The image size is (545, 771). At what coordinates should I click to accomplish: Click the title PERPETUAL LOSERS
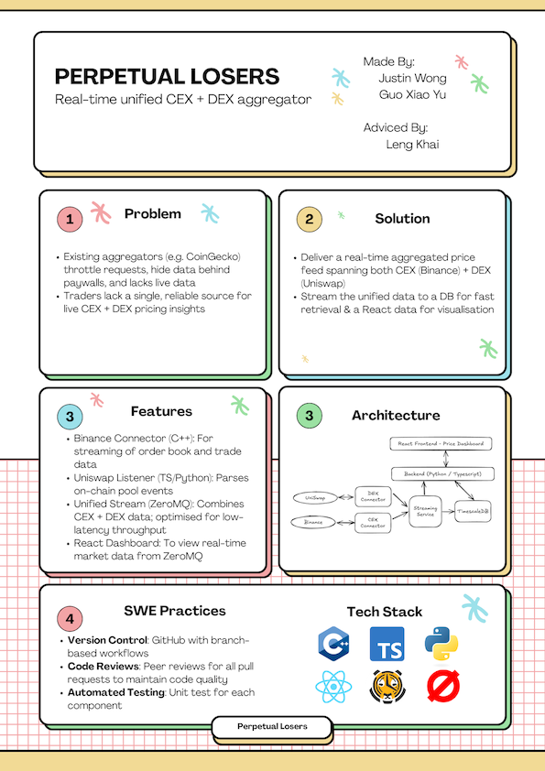[168, 77]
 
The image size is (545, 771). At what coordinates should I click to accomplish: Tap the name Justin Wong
[413, 78]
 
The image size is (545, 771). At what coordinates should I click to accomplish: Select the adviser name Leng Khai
[412, 145]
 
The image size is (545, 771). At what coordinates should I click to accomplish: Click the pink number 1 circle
[70, 219]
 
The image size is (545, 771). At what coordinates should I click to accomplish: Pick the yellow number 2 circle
[309, 219]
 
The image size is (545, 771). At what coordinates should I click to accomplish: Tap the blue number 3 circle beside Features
[70, 417]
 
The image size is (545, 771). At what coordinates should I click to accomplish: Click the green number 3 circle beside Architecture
[309, 416]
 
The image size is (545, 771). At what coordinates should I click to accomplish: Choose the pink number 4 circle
[70, 619]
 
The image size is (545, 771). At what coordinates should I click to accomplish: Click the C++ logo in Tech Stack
[334, 644]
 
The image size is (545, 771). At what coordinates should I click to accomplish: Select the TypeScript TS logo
[387, 644]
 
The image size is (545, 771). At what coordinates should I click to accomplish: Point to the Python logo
[441, 644]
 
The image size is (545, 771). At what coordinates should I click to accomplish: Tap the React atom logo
[333, 687]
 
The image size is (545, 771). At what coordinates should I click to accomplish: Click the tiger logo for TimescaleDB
[387, 687]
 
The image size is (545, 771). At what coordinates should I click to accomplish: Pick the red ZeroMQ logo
[443, 687]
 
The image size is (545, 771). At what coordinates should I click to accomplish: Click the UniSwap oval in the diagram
[315, 497]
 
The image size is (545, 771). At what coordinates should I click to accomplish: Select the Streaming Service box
[425, 511]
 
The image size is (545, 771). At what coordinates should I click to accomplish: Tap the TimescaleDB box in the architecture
[473, 511]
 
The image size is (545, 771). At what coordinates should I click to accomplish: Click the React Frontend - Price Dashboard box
[441, 443]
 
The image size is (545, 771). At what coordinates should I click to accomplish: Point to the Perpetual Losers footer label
[272, 726]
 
